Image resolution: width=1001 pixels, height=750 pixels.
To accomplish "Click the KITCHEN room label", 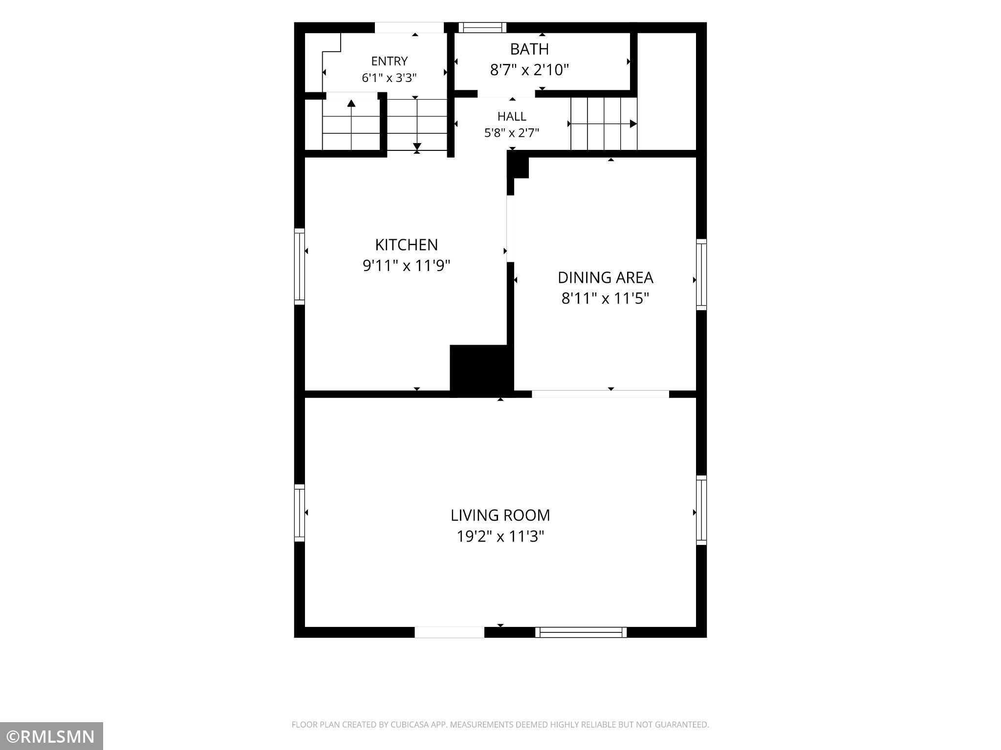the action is click(406, 245).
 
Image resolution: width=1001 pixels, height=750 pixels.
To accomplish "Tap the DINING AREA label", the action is click(605, 277).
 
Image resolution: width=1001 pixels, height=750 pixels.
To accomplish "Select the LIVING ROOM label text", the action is click(500, 515).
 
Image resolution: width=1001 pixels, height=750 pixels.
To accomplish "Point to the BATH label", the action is click(529, 49).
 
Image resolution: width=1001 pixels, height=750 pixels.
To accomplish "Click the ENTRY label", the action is click(389, 61).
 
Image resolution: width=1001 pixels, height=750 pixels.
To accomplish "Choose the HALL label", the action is click(512, 116).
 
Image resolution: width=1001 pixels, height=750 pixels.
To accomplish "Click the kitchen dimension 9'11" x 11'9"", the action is click(406, 266).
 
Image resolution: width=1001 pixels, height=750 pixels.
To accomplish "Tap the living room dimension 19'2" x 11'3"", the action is click(500, 537).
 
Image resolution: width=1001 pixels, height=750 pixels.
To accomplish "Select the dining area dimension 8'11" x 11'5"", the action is click(605, 298).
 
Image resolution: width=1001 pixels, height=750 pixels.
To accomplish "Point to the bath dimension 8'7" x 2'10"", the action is click(529, 70).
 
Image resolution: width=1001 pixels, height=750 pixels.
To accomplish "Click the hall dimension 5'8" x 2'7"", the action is click(512, 133).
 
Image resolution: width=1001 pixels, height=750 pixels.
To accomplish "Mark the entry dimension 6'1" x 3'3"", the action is click(389, 78).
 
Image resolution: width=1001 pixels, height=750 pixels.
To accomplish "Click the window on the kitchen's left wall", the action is click(299, 267).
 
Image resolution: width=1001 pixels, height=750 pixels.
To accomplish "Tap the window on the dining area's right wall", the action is click(701, 274).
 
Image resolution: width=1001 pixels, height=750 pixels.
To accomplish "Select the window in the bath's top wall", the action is click(482, 27).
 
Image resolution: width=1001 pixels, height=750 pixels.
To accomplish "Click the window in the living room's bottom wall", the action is click(581, 632).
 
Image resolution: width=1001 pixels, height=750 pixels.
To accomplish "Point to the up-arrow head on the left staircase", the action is click(351, 103).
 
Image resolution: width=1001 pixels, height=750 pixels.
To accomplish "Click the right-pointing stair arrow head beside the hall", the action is click(633, 124).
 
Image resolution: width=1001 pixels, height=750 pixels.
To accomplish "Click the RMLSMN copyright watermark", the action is click(51, 736).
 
